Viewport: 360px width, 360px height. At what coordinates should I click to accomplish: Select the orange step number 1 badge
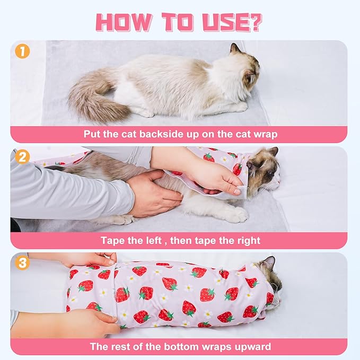(x=22, y=52)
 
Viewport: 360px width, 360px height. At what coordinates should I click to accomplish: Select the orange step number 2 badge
(x=22, y=157)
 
